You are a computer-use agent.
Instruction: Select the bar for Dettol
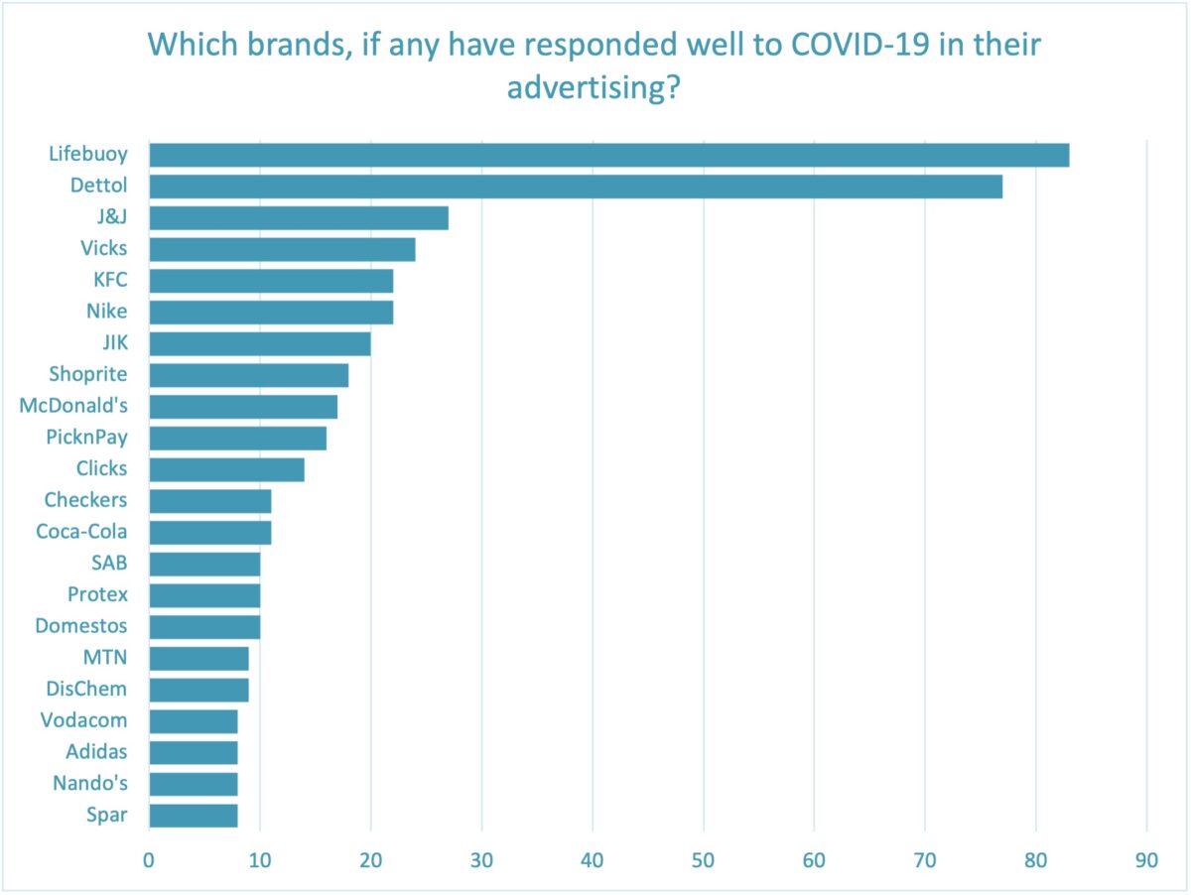(576, 187)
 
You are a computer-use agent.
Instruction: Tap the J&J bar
(299, 217)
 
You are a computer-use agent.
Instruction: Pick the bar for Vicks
(282, 249)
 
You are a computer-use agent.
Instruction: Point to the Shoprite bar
(249, 375)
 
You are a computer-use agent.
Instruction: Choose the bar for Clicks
(226, 469)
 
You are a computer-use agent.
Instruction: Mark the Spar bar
(194, 816)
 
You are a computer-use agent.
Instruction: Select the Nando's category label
(90, 784)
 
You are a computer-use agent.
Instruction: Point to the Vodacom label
(84, 720)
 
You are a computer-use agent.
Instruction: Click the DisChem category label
(86, 689)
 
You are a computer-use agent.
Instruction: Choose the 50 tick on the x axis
(704, 860)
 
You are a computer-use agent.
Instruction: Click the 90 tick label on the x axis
(1146, 860)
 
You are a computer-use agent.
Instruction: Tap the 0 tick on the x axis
(149, 860)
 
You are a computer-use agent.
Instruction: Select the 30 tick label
(481, 860)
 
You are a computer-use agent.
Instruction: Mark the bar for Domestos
(204, 626)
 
